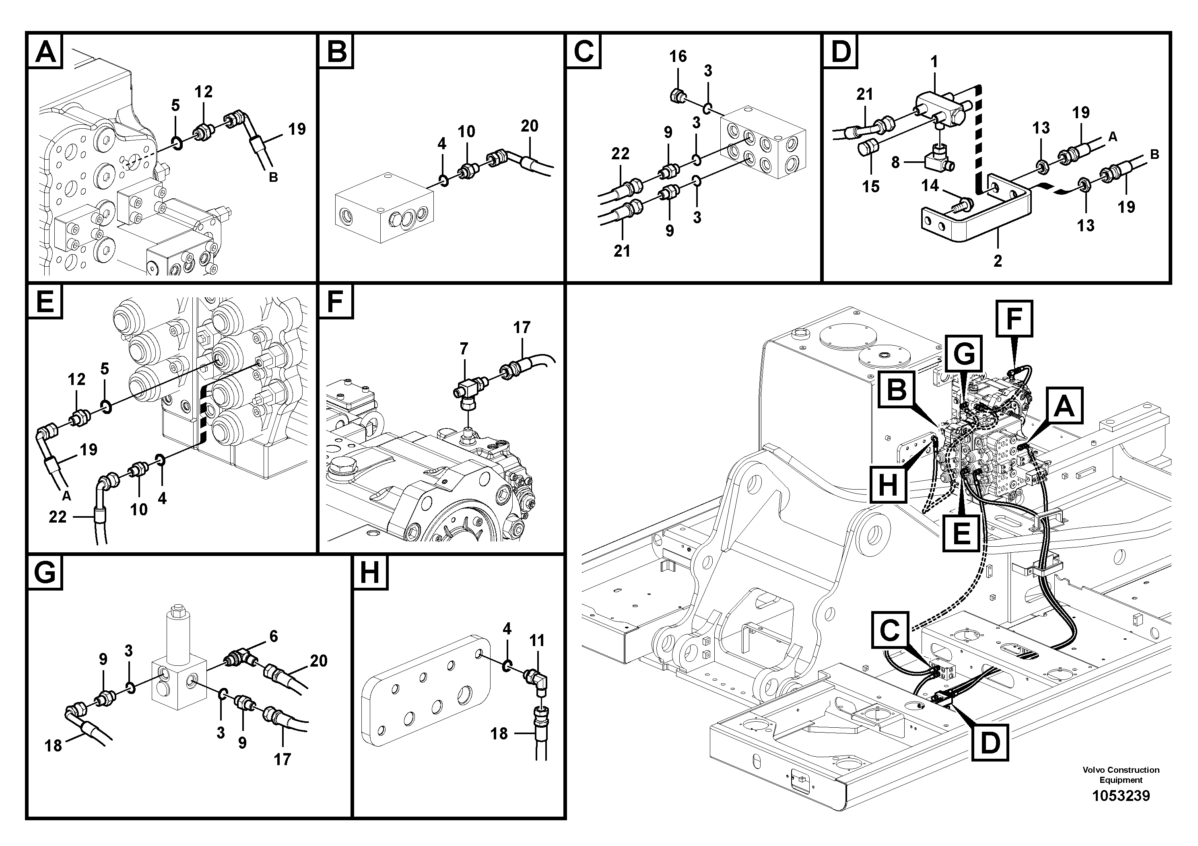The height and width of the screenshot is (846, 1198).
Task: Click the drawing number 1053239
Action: [1121, 796]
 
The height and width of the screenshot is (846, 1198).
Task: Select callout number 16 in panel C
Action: [678, 56]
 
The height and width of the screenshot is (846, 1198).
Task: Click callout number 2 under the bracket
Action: [997, 261]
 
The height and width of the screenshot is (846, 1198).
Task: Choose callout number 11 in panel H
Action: [536, 640]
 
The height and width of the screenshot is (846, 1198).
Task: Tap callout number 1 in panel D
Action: [934, 63]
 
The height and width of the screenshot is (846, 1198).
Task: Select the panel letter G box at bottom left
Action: [45, 573]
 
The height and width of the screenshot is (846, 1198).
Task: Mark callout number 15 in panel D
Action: [870, 186]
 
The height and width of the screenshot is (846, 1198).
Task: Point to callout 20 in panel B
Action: [529, 126]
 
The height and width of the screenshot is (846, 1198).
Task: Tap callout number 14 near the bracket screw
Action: [930, 186]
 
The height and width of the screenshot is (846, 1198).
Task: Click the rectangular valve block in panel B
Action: [384, 209]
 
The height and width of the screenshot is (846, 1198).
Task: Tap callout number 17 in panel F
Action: [521, 327]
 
